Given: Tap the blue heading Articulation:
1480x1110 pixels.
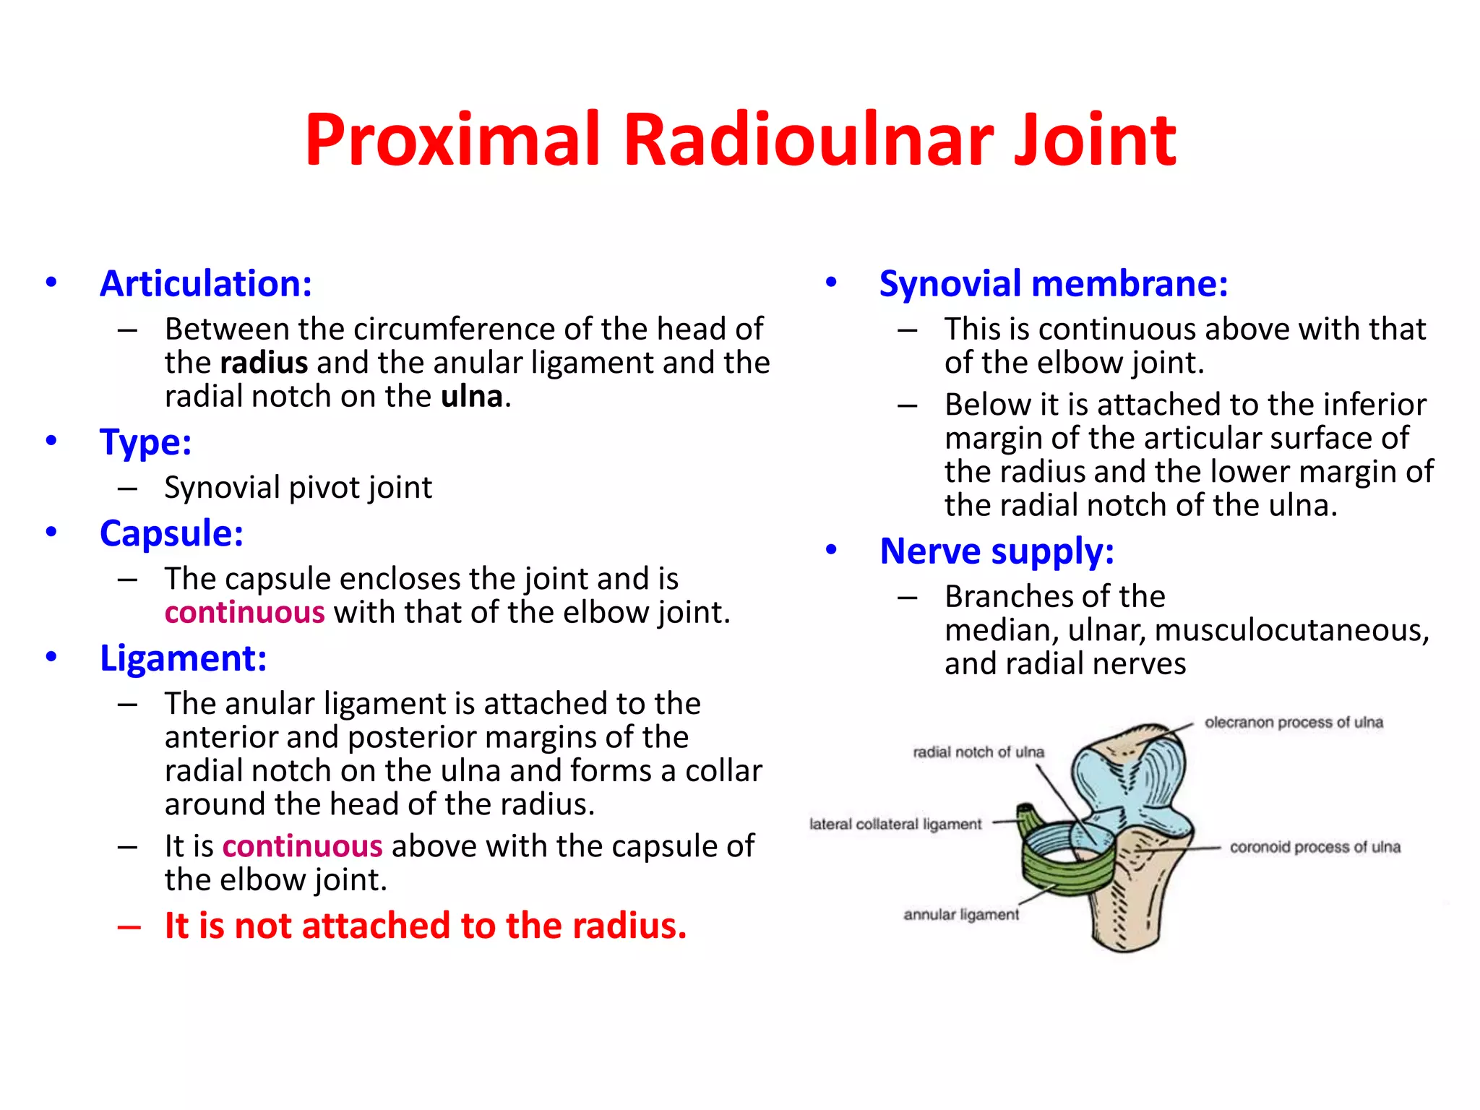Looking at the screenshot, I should coord(206,283).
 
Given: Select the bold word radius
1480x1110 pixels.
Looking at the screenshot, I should coord(264,363).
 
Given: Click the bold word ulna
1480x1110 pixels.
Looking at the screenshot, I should coord(472,397).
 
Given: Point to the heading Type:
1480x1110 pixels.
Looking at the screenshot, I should coord(145,442).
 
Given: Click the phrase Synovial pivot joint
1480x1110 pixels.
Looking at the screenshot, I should coord(298,488).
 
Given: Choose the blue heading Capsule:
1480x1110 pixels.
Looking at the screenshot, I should coord(171,533).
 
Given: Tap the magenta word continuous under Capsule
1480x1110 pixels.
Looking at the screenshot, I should coord(244,613).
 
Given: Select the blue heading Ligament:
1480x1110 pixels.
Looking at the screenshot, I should coord(183,658).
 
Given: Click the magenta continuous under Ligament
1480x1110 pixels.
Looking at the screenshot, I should coord(302,846).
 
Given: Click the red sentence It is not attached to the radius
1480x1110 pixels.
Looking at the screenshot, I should coord(425,926).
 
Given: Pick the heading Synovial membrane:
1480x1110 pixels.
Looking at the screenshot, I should coord(1053,283).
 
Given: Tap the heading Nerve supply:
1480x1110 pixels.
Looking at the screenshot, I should coord(997,551).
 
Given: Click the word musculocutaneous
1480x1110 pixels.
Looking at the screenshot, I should coord(1291,630).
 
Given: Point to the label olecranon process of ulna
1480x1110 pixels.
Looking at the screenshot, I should coord(1293,723).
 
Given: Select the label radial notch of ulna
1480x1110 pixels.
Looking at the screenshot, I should coord(978,752).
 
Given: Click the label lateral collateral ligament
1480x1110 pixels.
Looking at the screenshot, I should coord(895,825).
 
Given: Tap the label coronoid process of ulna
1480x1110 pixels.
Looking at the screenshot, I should coord(1315,847).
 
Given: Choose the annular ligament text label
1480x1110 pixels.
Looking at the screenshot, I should coord(960,915).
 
